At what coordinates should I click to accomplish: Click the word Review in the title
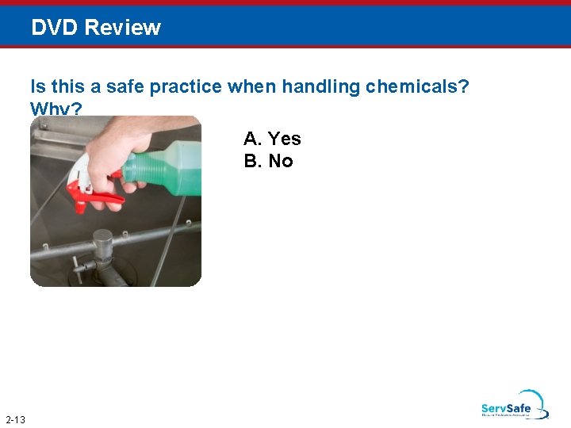click(x=122, y=28)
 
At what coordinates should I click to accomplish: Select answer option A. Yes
click(x=272, y=139)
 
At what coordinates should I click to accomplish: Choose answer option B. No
click(x=269, y=161)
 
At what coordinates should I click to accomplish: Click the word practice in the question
click(x=186, y=86)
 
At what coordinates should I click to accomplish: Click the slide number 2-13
click(x=15, y=419)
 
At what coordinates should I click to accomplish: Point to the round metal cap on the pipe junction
click(x=103, y=238)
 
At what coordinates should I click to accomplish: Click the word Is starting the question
click(x=37, y=86)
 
